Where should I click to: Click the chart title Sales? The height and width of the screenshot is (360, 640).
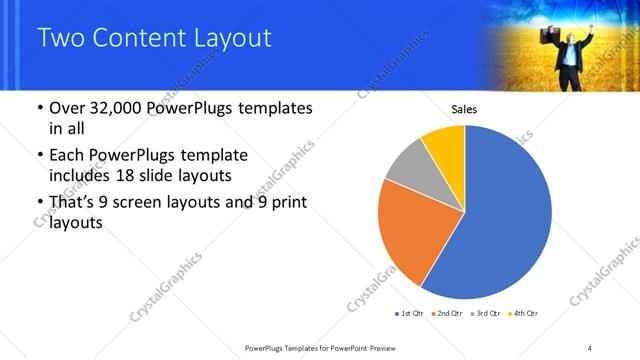point(464,109)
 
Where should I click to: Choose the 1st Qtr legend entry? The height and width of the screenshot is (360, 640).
point(410,314)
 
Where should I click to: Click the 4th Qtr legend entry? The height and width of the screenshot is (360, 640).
point(525,314)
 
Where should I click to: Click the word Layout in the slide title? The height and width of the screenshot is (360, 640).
point(221,38)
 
